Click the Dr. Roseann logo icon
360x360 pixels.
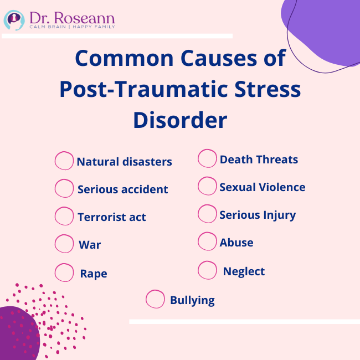[x=14, y=20]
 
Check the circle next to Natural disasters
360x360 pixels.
[x=64, y=161]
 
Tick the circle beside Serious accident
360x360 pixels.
[x=64, y=188]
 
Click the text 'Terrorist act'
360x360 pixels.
[x=112, y=217]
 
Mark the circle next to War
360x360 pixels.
[x=64, y=244]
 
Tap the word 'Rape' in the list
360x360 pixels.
[x=94, y=274]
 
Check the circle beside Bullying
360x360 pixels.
[x=155, y=299]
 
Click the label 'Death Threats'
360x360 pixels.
[x=259, y=160]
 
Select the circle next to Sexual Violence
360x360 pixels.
[x=207, y=186]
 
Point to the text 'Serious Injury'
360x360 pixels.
[x=258, y=215]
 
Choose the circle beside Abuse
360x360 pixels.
[x=207, y=241]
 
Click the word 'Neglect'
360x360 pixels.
[x=244, y=271]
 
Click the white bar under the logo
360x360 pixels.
[x=116, y=36]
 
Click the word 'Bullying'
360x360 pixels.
[x=192, y=300]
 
